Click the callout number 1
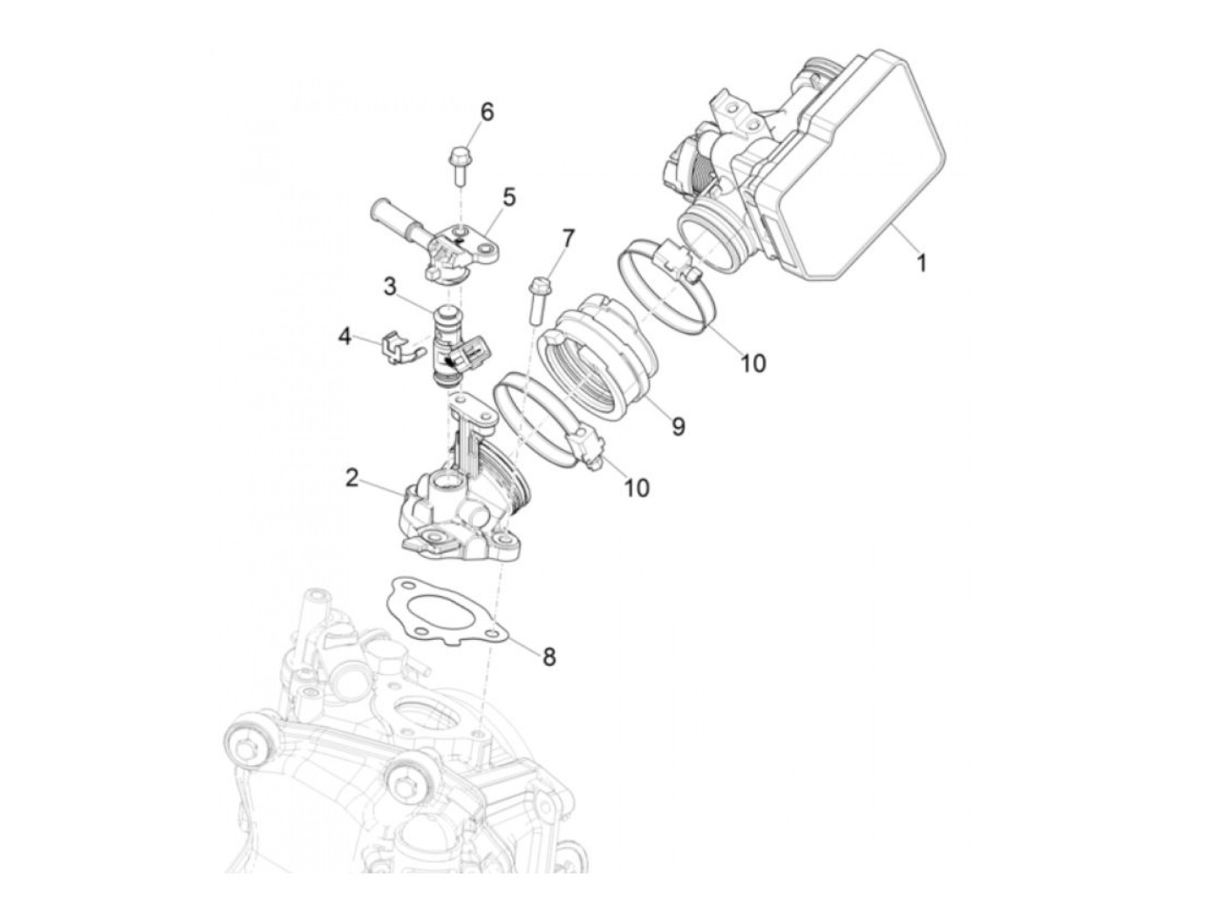(921, 262)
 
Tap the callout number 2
(352, 478)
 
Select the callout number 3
(389, 286)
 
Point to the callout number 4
(345, 336)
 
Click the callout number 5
(508, 197)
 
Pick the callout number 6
(487, 112)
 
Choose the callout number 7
(568, 237)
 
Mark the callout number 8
(549, 655)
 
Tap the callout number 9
(678, 425)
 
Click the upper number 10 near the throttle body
(752, 363)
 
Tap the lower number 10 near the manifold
(638, 487)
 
